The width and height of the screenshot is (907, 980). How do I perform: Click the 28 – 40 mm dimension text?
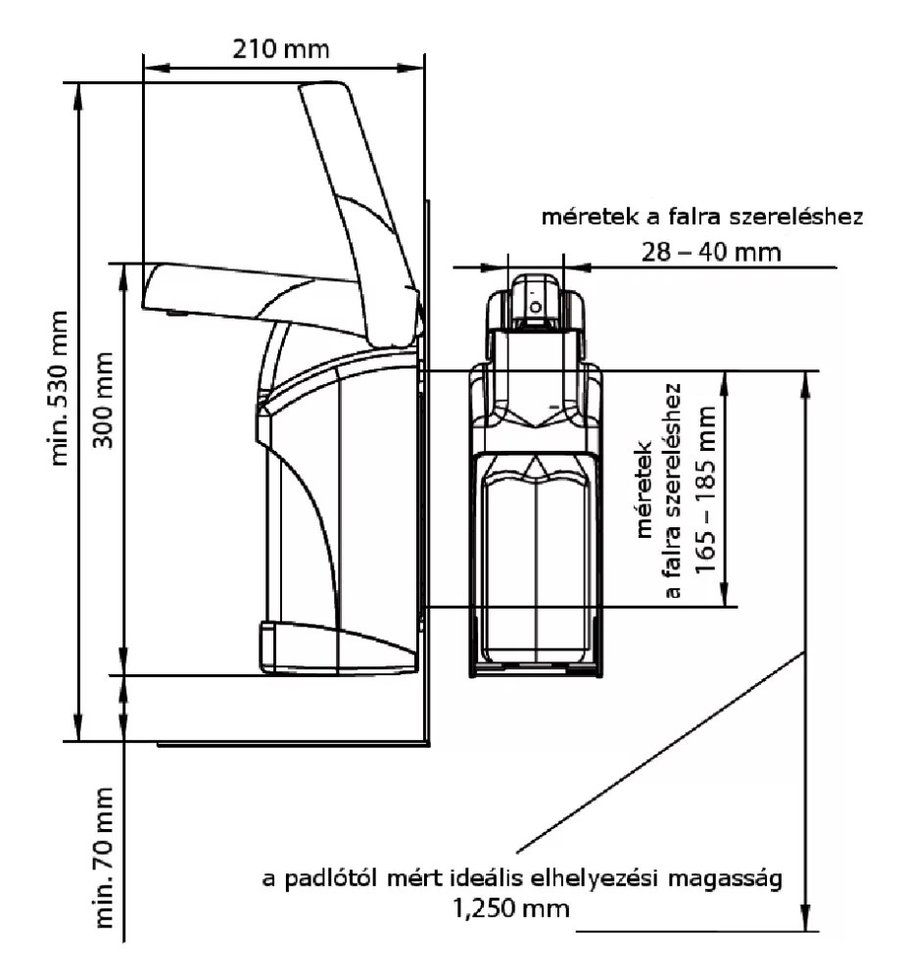point(711,252)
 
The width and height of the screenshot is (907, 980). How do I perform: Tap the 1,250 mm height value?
point(509,907)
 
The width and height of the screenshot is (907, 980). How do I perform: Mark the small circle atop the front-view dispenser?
point(535,306)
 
